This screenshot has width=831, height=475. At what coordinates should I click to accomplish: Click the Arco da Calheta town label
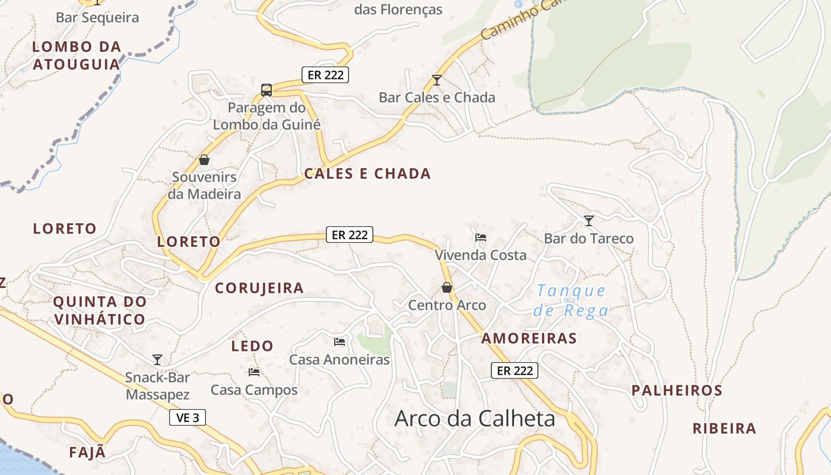click(x=475, y=419)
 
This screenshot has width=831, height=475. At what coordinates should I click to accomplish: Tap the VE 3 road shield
click(x=188, y=417)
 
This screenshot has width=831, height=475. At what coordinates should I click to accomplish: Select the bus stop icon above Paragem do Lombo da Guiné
click(x=267, y=90)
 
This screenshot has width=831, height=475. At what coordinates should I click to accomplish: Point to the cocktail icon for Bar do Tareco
click(x=588, y=221)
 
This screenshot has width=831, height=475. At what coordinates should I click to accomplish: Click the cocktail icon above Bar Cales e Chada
click(x=437, y=80)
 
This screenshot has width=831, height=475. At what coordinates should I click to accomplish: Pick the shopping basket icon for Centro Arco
click(x=447, y=287)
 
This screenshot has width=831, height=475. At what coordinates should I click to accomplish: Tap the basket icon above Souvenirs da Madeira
click(x=204, y=160)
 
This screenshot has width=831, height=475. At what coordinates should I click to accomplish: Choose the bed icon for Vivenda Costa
click(x=481, y=237)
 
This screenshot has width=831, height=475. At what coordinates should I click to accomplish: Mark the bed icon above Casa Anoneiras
click(x=340, y=341)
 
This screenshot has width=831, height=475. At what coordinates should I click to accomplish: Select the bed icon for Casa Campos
click(x=254, y=372)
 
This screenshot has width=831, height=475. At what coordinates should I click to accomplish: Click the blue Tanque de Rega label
click(x=570, y=300)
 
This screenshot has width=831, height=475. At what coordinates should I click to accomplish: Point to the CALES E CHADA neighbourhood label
click(x=367, y=174)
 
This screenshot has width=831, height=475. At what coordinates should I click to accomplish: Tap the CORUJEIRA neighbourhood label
click(x=259, y=289)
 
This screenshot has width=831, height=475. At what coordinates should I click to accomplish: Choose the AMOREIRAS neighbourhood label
click(x=529, y=338)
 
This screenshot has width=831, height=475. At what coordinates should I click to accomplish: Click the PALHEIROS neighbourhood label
click(x=677, y=391)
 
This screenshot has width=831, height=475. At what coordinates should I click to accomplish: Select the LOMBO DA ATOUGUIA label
click(x=77, y=55)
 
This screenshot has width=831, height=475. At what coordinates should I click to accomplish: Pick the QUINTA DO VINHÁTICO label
click(x=100, y=311)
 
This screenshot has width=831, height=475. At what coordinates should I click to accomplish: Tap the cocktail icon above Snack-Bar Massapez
click(x=157, y=359)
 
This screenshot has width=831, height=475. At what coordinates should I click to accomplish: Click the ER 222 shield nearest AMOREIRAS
click(x=515, y=370)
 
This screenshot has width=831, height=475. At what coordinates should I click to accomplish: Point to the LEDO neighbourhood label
click(x=252, y=346)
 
